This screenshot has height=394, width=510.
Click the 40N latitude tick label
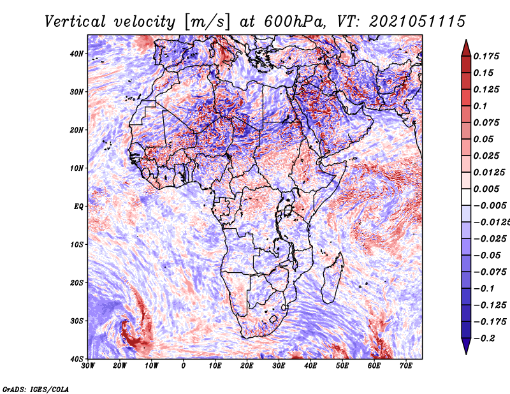(x=76, y=54)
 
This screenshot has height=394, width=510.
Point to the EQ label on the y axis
(x=78, y=207)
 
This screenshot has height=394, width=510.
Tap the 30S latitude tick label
(x=76, y=321)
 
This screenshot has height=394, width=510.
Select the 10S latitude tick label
(x=76, y=245)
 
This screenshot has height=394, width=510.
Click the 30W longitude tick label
(x=88, y=366)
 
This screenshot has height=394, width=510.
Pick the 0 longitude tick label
(x=184, y=366)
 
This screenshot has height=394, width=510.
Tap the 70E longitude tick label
(x=406, y=366)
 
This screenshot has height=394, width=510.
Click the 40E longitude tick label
(x=310, y=366)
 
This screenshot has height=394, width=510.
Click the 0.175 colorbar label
(x=486, y=57)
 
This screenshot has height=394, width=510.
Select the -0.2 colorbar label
(x=484, y=339)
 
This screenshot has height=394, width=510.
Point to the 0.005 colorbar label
(x=486, y=189)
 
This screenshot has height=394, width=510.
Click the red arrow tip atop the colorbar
(x=466, y=40)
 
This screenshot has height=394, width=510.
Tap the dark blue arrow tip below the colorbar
(x=466, y=354)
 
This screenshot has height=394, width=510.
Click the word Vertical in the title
(x=75, y=22)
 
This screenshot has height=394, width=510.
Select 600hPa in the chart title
(x=295, y=22)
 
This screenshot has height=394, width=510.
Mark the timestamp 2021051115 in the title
(x=418, y=22)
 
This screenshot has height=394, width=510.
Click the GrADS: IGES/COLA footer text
(x=36, y=390)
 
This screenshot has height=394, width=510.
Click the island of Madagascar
(x=332, y=278)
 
